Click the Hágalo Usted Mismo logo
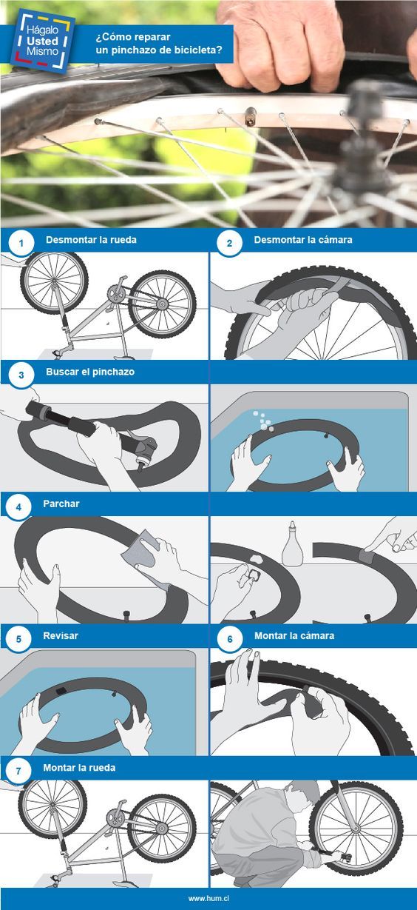point(42,41)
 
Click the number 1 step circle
point(21,244)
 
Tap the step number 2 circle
point(229,243)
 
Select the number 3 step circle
point(21,375)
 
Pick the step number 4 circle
point(18,507)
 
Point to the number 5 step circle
point(18,639)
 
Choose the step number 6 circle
point(230,639)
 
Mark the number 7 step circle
point(18,771)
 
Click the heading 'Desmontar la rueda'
point(91,240)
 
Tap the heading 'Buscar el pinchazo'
point(90,372)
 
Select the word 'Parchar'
point(61,503)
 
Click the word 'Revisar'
point(61,636)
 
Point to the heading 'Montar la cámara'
point(294,636)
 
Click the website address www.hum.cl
point(208,899)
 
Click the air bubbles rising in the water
point(262,421)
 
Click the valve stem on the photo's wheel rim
point(251,116)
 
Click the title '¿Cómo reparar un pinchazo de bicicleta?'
point(159,44)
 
